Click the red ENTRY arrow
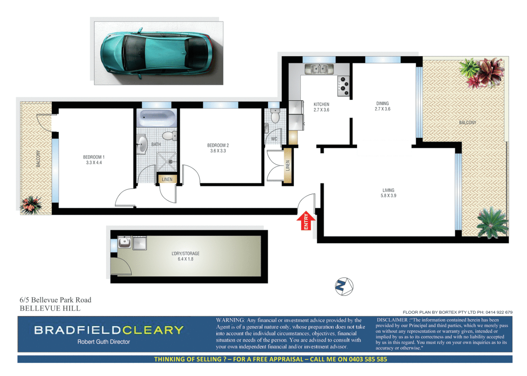click(x=306, y=220)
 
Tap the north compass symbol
click(x=344, y=287)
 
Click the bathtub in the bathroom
click(x=157, y=118)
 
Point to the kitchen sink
click(x=319, y=69)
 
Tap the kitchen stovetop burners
click(x=343, y=86)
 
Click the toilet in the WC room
click(x=275, y=116)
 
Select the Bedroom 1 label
click(x=94, y=157)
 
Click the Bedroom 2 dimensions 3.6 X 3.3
click(x=218, y=151)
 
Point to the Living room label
click(x=388, y=190)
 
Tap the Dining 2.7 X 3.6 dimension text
click(x=382, y=109)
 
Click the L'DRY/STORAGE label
click(x=185, y=253)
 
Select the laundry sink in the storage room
click(x=124, y=242)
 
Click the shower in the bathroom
click(x=167, y=162)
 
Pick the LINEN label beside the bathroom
click(x=167, y=179)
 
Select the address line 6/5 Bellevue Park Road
click(x=55, y=300)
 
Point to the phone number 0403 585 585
click(x=368, y=359)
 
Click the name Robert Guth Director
click(x=104, y=342)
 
